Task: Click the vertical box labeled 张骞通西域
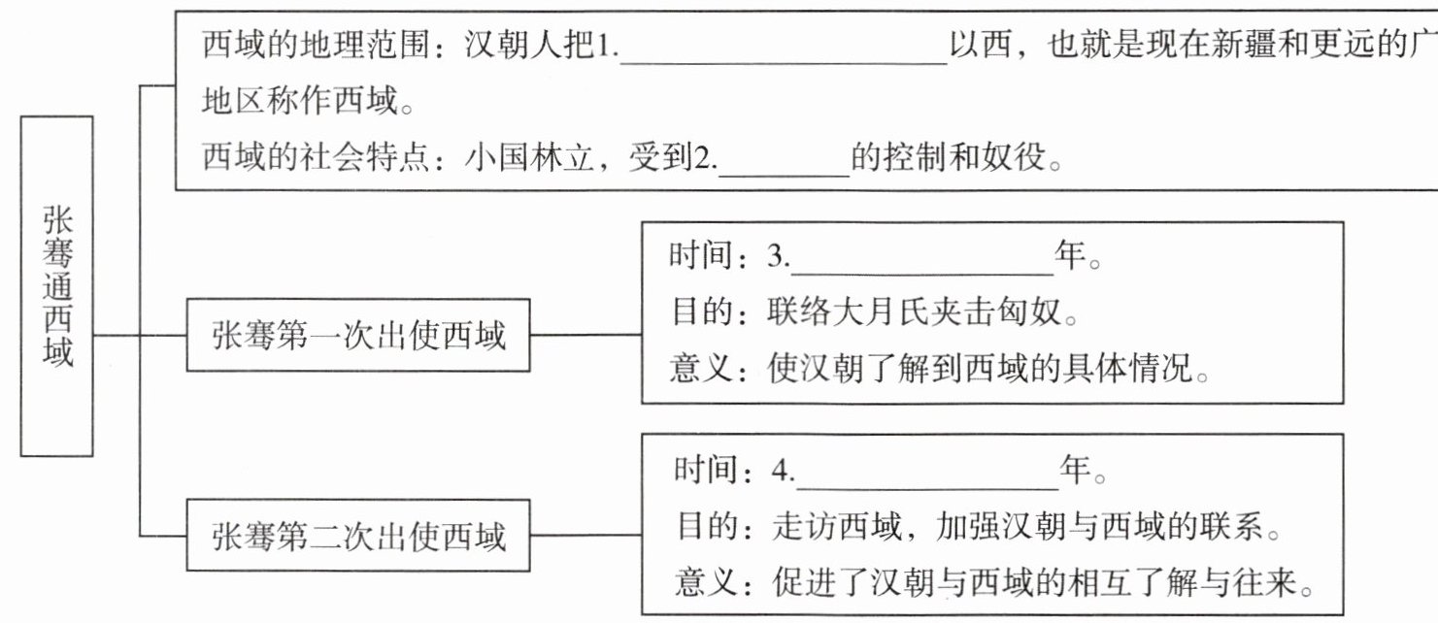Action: pyautogui.click(x=56, y=286)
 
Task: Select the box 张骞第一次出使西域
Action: pyautogui.click(x=358, y=335)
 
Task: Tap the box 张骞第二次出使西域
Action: pyautogui.click(x=358, y=535)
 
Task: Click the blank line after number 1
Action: pyautogui.click(x=784, y=63)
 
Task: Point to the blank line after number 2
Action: pyautogui.click(x=784, y=176)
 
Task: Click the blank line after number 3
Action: pyautogui.click(x=921, y=274)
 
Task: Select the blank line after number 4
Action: pyautogui.click(x=927, y=489)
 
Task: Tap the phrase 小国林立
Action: pyautogui.click(x=529, y=157)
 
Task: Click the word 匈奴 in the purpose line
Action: pyautogui.click(x=1027, y=311)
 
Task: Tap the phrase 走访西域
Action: pyautogui.click(x=837, y=526)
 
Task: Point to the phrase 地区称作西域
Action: pyautogui.click(x=300, y=101)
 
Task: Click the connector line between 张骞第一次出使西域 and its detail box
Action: pyautogui.click(x=586, y=335)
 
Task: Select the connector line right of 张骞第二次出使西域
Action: pyautogui.click(x=586, y=535)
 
